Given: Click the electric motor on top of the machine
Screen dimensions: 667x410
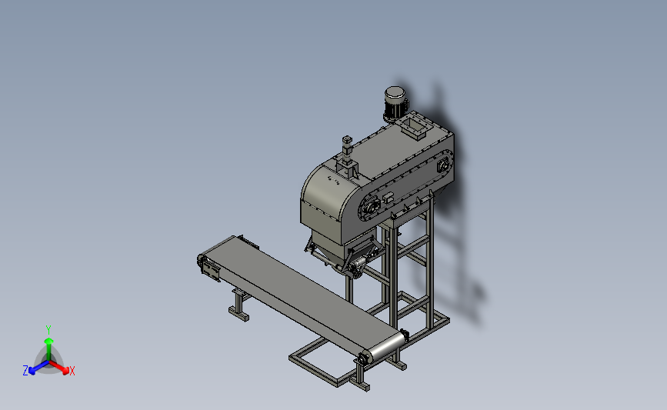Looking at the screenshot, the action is (x=396, y=104).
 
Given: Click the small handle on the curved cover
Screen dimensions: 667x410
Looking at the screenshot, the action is (x=334, y=180).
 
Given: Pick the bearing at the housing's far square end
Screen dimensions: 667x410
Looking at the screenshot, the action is (x=442, y=165).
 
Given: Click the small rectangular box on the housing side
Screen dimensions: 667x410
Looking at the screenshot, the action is (x=388, y=197).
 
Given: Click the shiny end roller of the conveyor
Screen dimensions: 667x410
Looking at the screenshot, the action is (x=386, y=348).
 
